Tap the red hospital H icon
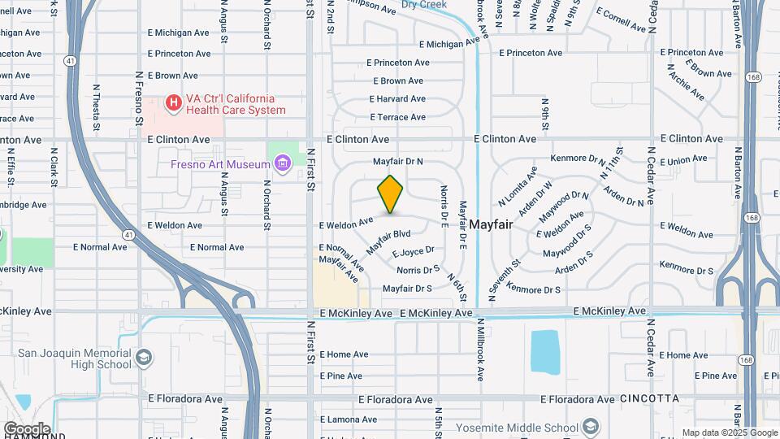click(172, 103)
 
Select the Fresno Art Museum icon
click(283, 165)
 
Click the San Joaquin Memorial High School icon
click(144, 359)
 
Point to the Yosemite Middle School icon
click(591, 428)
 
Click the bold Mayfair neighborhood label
click(491, 224)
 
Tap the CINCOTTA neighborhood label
click(648, 398)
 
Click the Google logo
click(26, 428)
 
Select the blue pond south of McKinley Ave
click(546, 351)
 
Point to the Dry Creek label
click(424, 5)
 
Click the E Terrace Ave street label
click(397, 117)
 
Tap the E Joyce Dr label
click(414, 252)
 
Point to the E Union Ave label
click(685, 159)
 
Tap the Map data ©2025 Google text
click(730, 432)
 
